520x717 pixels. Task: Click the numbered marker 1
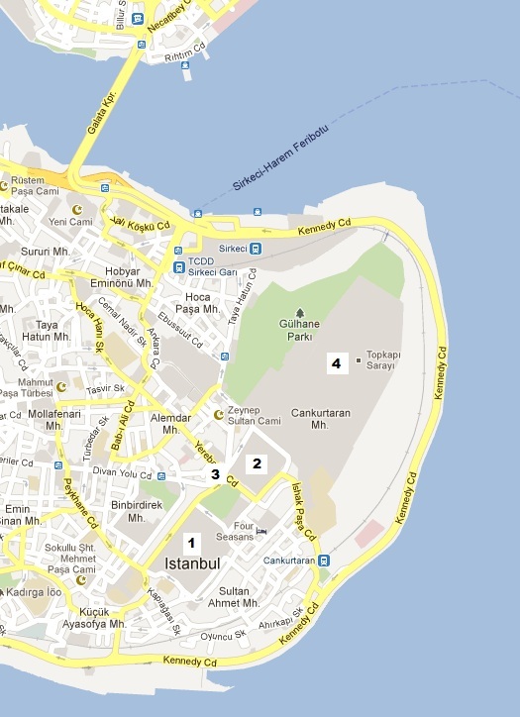click(192, 542)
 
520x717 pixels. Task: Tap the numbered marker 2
click(257, 462)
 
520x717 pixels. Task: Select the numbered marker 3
click(215, 474)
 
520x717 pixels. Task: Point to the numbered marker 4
click(337, 363)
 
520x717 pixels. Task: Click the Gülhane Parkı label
click(299, 329)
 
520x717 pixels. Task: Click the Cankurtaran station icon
click(324, 560)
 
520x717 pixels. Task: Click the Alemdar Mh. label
click(170, 424)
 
